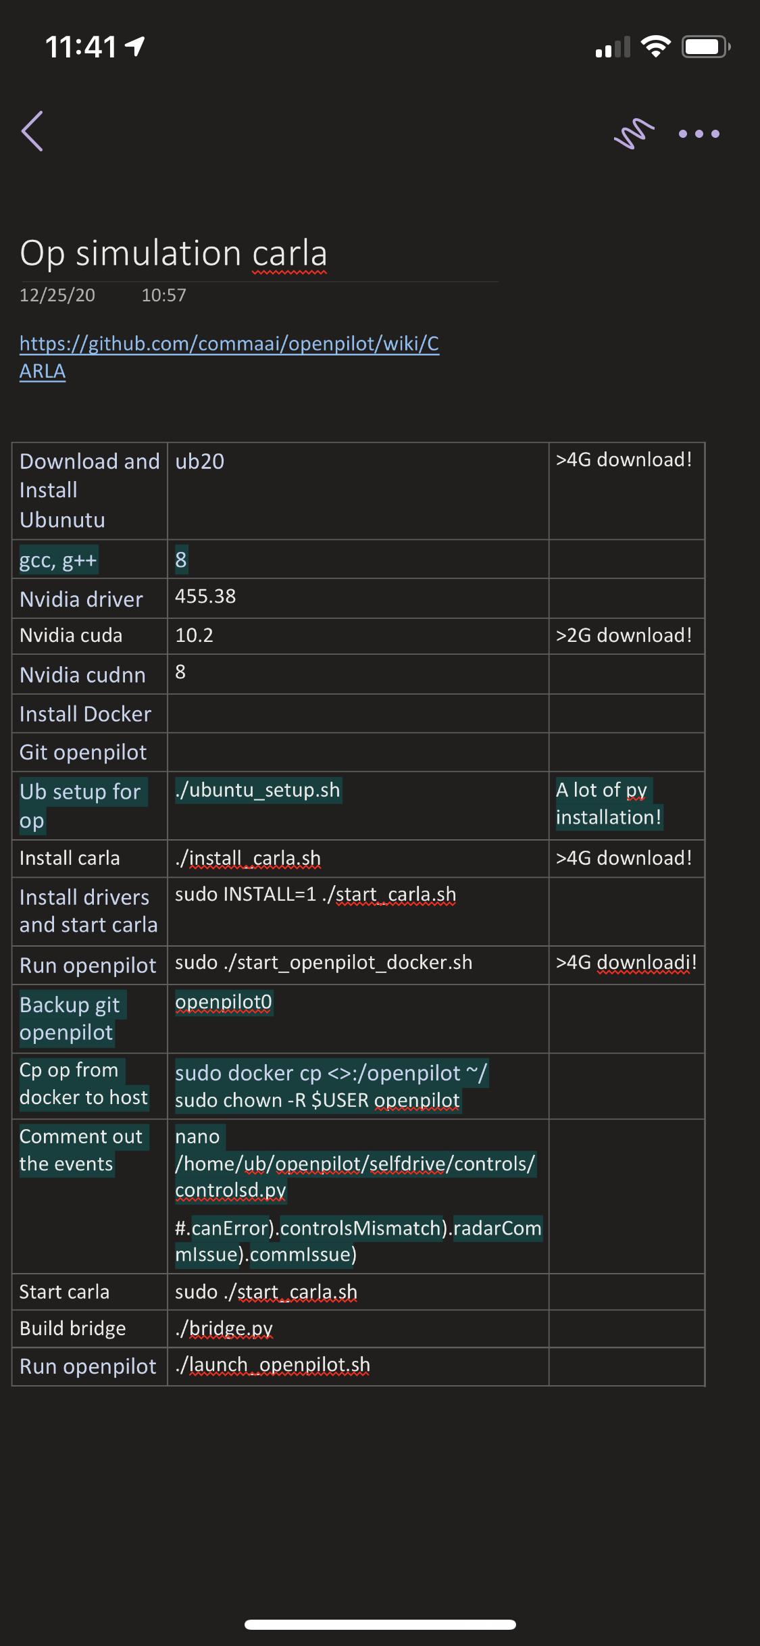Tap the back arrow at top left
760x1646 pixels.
coord(32,131)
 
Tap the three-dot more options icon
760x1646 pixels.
coord(699,134)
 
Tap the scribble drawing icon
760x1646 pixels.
coord(634,133)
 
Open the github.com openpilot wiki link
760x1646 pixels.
coord(229,344)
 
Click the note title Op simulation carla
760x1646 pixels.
coord(174,253)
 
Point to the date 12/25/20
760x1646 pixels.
coord(57,295)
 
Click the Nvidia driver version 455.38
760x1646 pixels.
coord(205,597)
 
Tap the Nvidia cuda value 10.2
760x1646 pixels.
coord(194,635)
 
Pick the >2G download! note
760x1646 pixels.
coord(624,635)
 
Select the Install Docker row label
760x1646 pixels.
coord(85,714)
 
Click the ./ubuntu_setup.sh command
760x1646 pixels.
coord(257,790)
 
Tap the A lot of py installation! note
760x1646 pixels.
coord(608,803)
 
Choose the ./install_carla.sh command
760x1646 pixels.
coord(248,858)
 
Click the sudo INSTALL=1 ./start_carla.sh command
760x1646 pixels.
coord(315,895)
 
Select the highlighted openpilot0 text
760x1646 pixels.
coord(224,1001)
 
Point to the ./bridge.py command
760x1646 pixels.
coord(224,1328)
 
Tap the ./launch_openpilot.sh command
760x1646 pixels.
coord(272,1365)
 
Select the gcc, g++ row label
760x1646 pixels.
coord(59,560)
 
